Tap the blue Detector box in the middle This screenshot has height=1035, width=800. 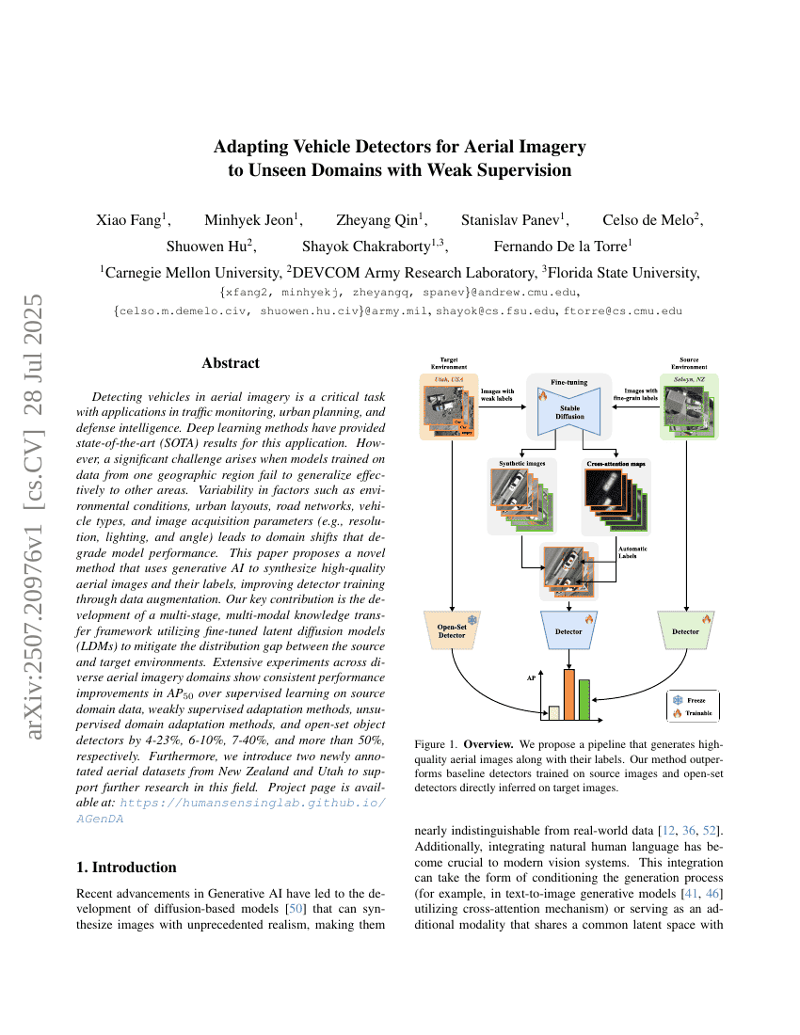tap(568, 630)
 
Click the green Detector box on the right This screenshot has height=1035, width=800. tap(685, 630)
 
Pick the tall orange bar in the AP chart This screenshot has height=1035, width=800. tap(568, 694)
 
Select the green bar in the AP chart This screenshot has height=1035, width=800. tap(584, 699)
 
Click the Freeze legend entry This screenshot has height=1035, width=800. tap(693, 700)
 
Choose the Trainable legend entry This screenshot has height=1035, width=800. tap(693, 713)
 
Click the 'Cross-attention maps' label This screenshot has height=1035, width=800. tap(616, 463)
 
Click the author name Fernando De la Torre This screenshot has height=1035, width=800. tap(563, 246)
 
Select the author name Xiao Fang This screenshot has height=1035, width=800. tap(131, 220)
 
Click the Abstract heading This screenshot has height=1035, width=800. tap(231, 362)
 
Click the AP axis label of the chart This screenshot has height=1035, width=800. tap(529, 677)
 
